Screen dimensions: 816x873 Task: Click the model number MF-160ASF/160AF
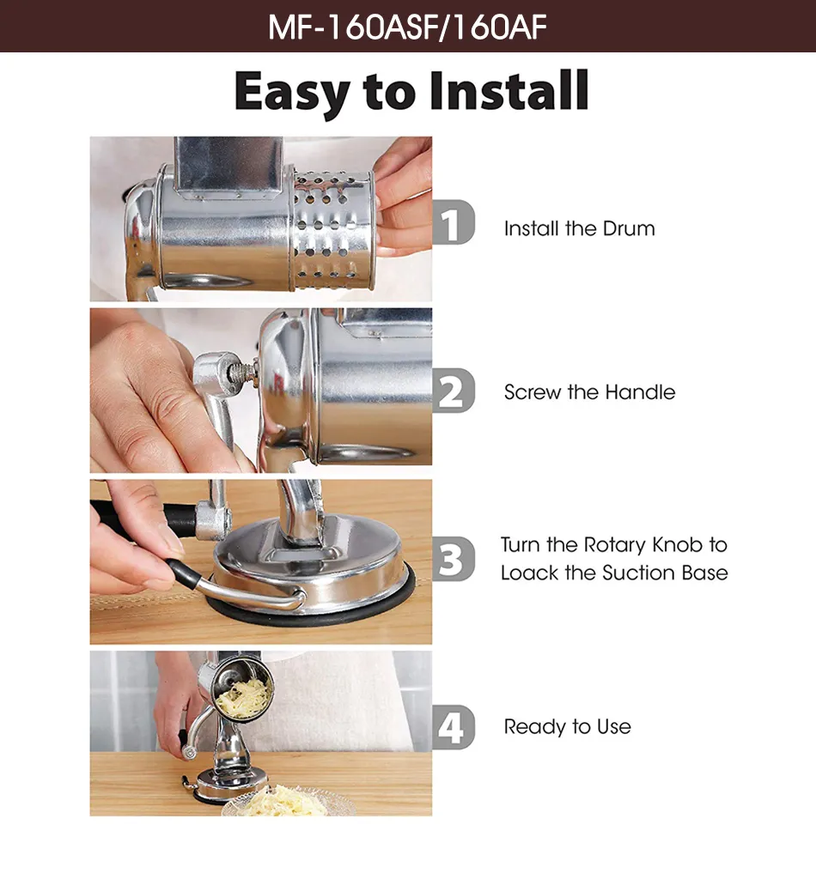click(x=407, y=27)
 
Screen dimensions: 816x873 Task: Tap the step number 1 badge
click(x=454, y=222)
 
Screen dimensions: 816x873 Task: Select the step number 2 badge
click(x=454, y=391)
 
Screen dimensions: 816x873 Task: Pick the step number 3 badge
click(x=454, y=559)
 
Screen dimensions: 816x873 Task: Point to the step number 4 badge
click(x=454, y=727)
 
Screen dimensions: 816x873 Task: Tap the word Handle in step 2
click(x=640, y=392)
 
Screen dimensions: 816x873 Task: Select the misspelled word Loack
click(x=530, y=573)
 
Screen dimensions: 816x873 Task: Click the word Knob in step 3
click(x=678, y=544)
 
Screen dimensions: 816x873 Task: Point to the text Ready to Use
click(x=568, y=726)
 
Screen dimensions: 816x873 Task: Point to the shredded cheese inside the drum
click(x=244, y=694)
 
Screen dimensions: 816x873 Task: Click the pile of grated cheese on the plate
click(x=284, y=802)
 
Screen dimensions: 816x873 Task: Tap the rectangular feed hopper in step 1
click(x=229, y=167)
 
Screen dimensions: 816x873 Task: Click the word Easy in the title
click(x=292, y=92)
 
